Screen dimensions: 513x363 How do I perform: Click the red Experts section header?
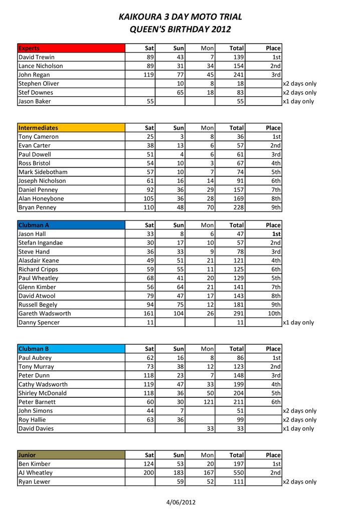click(71, 48)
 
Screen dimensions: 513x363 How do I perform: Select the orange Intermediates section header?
click(71, 128)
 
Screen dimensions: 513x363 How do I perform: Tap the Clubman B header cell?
click(71, 349)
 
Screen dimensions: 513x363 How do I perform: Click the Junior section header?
click(71, 455)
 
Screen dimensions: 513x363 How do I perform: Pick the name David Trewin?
click(37, 57)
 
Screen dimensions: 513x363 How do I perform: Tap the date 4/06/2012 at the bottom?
click(181, 502)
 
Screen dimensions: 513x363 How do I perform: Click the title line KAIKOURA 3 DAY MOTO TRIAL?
click(180, 17)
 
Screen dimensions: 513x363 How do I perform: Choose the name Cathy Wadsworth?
click(43, 384)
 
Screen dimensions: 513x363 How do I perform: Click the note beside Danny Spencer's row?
click(299, 323)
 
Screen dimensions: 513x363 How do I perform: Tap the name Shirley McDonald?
click(43, 393)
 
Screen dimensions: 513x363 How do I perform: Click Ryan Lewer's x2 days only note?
click(300, 481)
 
